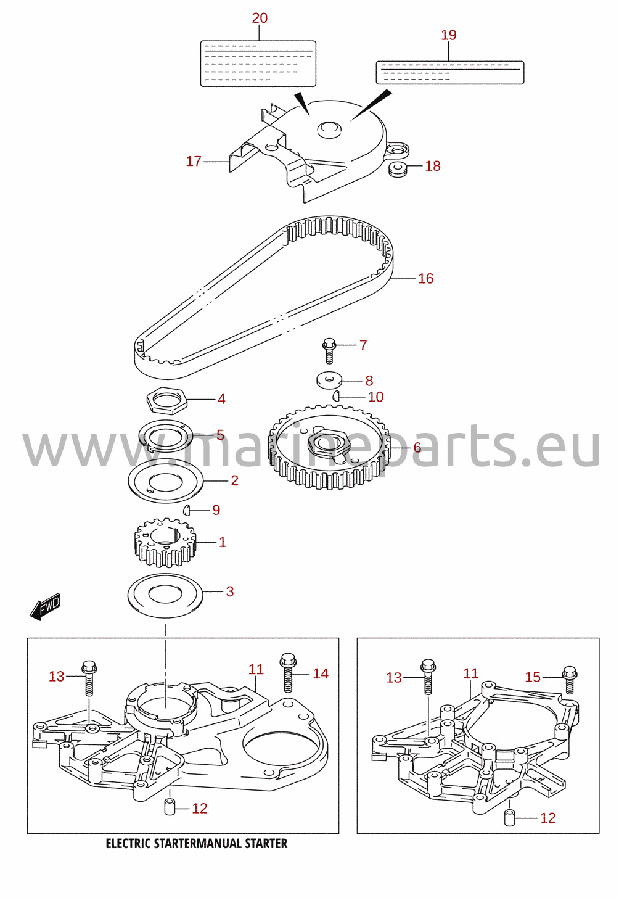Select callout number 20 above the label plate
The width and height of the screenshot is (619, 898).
(260, 18)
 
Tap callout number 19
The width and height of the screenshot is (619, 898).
(449, 35)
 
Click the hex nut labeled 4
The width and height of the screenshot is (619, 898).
(166, 400)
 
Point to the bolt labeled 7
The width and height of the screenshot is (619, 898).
(329, 351)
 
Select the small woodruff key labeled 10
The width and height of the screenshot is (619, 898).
(336, 396)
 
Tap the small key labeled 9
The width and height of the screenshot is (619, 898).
(186, 510)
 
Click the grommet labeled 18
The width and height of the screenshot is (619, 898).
(398, 169)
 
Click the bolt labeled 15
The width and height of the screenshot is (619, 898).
(570, 679)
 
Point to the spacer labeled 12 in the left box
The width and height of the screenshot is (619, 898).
(170, 807)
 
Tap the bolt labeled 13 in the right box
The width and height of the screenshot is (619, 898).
(428, 677)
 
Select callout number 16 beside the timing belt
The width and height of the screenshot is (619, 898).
(425, 279)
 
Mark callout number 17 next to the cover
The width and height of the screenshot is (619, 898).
(194, 161)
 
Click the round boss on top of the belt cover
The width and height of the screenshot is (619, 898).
(329, 129)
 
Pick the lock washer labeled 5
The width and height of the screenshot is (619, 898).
(165, 435)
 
